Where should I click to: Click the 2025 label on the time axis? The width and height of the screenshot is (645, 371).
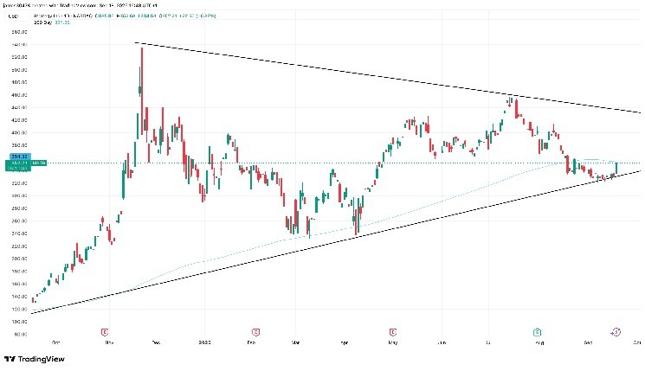coord(204,342)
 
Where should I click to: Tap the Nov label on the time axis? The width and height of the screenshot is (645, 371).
coord(109,342)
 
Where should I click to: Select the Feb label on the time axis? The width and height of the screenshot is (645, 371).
coord(256,342)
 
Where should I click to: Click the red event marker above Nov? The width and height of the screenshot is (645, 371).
coord(105,331)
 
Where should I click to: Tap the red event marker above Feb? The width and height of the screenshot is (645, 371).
coord(256,331)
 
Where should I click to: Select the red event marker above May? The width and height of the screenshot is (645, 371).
coord(394,331)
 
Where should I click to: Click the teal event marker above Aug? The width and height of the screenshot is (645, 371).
coord(538,331)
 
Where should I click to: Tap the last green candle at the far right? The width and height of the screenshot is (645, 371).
coord(616,168)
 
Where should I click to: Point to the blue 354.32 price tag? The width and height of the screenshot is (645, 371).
coord(16,157)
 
